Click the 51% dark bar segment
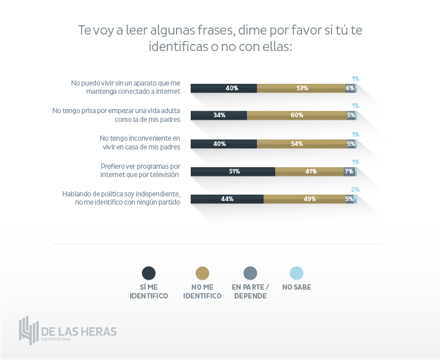pyautogui.click(x=233, y=171)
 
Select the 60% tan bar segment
pyautogui.click(x=297, y=115)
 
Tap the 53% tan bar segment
pyautogui.click(x=302, y=88)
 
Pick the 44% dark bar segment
pyautogui.click(x=227, y=199)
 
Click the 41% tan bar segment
pyautogui.click(x=309, y=171)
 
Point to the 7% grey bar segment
pyautogui.click(x=349, y=171)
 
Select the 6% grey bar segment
pyautogui.click(x=350, y=88)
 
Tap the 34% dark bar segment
pyautogui.click(x=219, y=115)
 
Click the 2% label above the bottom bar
pyautogui.click(x=355, y=189)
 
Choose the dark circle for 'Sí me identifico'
pyautogui.click(x=149, y=273)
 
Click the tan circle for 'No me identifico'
pyautogui.click(x=202, y=273)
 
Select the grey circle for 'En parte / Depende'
pyautogui.click(x=250, y=273)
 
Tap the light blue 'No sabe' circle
pyautogui.click(x=297, y=273)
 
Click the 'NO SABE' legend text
pyautogui.click(x=297, y=287)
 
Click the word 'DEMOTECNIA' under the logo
pyautogui.click(x=59, y=339)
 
